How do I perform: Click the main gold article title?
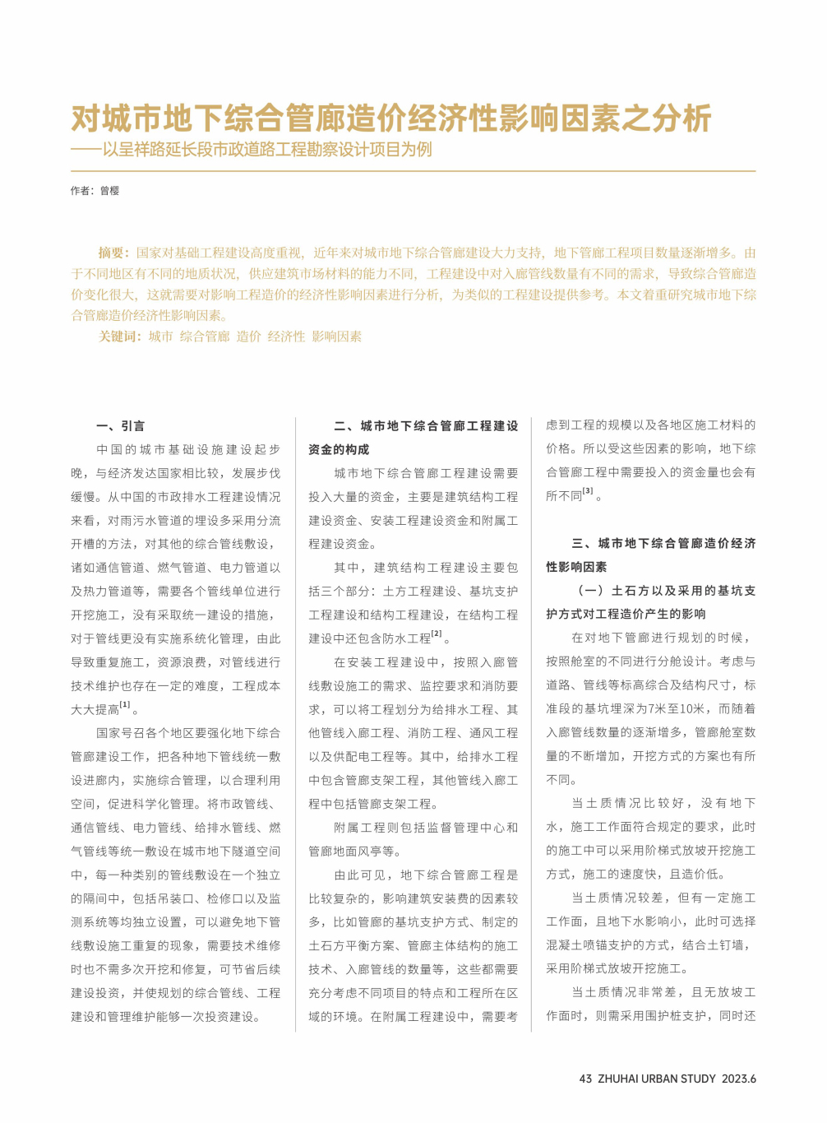390,118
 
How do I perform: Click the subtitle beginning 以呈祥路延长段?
267,150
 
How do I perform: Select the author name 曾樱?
110,191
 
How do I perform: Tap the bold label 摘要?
113,253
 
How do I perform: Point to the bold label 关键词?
119,336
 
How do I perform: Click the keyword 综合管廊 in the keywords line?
205,336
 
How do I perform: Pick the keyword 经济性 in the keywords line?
286,336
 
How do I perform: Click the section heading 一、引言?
121,426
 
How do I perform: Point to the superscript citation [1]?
125,705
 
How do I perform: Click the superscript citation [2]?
437,634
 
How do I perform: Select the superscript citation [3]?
588,491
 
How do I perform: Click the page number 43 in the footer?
585,1079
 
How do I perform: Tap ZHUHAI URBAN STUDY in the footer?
656,1079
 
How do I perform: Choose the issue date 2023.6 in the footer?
739,1079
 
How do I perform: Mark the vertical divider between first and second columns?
295,724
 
